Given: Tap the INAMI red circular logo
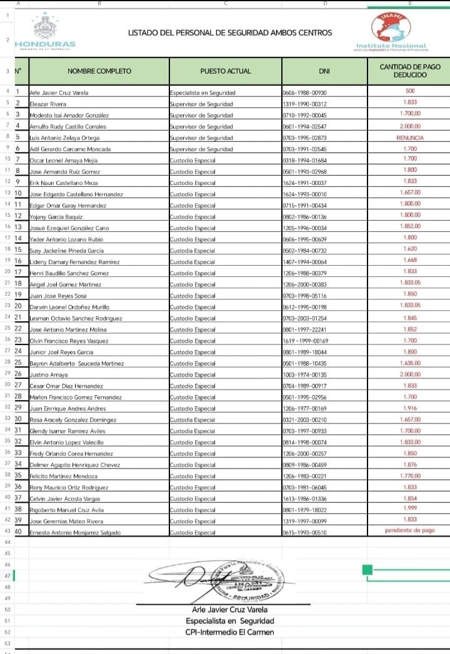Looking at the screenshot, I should [391, 28].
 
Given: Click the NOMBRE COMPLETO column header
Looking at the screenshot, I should [98, 71].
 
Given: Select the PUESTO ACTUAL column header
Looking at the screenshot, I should [226, 71].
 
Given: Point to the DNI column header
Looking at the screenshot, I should [324, 71].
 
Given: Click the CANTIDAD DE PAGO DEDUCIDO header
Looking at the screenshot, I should [410, 71].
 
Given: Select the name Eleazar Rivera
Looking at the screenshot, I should [48, 104].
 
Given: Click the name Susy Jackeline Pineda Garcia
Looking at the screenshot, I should [67, 250].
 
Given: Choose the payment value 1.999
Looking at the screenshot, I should [410, 508].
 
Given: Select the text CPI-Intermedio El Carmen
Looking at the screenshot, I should [229, 632].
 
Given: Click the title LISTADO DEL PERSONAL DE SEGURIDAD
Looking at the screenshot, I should [230, 33].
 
